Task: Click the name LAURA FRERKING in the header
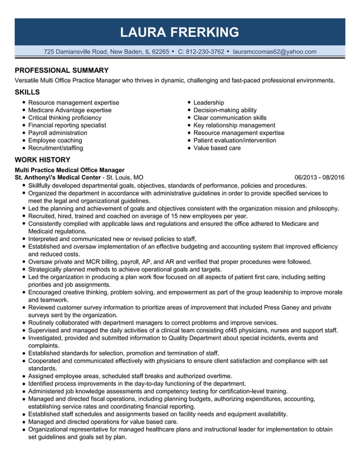(x=180, y=32)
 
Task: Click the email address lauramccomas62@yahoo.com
(x=274, y=51)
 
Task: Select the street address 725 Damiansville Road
(x=75, y=51)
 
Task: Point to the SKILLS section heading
(x=27, y=92)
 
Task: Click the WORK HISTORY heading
(x=42, y=160)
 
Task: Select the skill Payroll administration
(x=58, y=133)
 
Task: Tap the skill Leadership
(x=209, y=103)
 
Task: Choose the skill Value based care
(x=217, y=148)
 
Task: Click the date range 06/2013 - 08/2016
(x=319, y=177)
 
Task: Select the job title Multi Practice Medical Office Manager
(x=69, y=170)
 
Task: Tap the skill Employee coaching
(x=55, y=140)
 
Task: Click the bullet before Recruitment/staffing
(x=23, y=148)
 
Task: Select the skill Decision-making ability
(x=225, y=110)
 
